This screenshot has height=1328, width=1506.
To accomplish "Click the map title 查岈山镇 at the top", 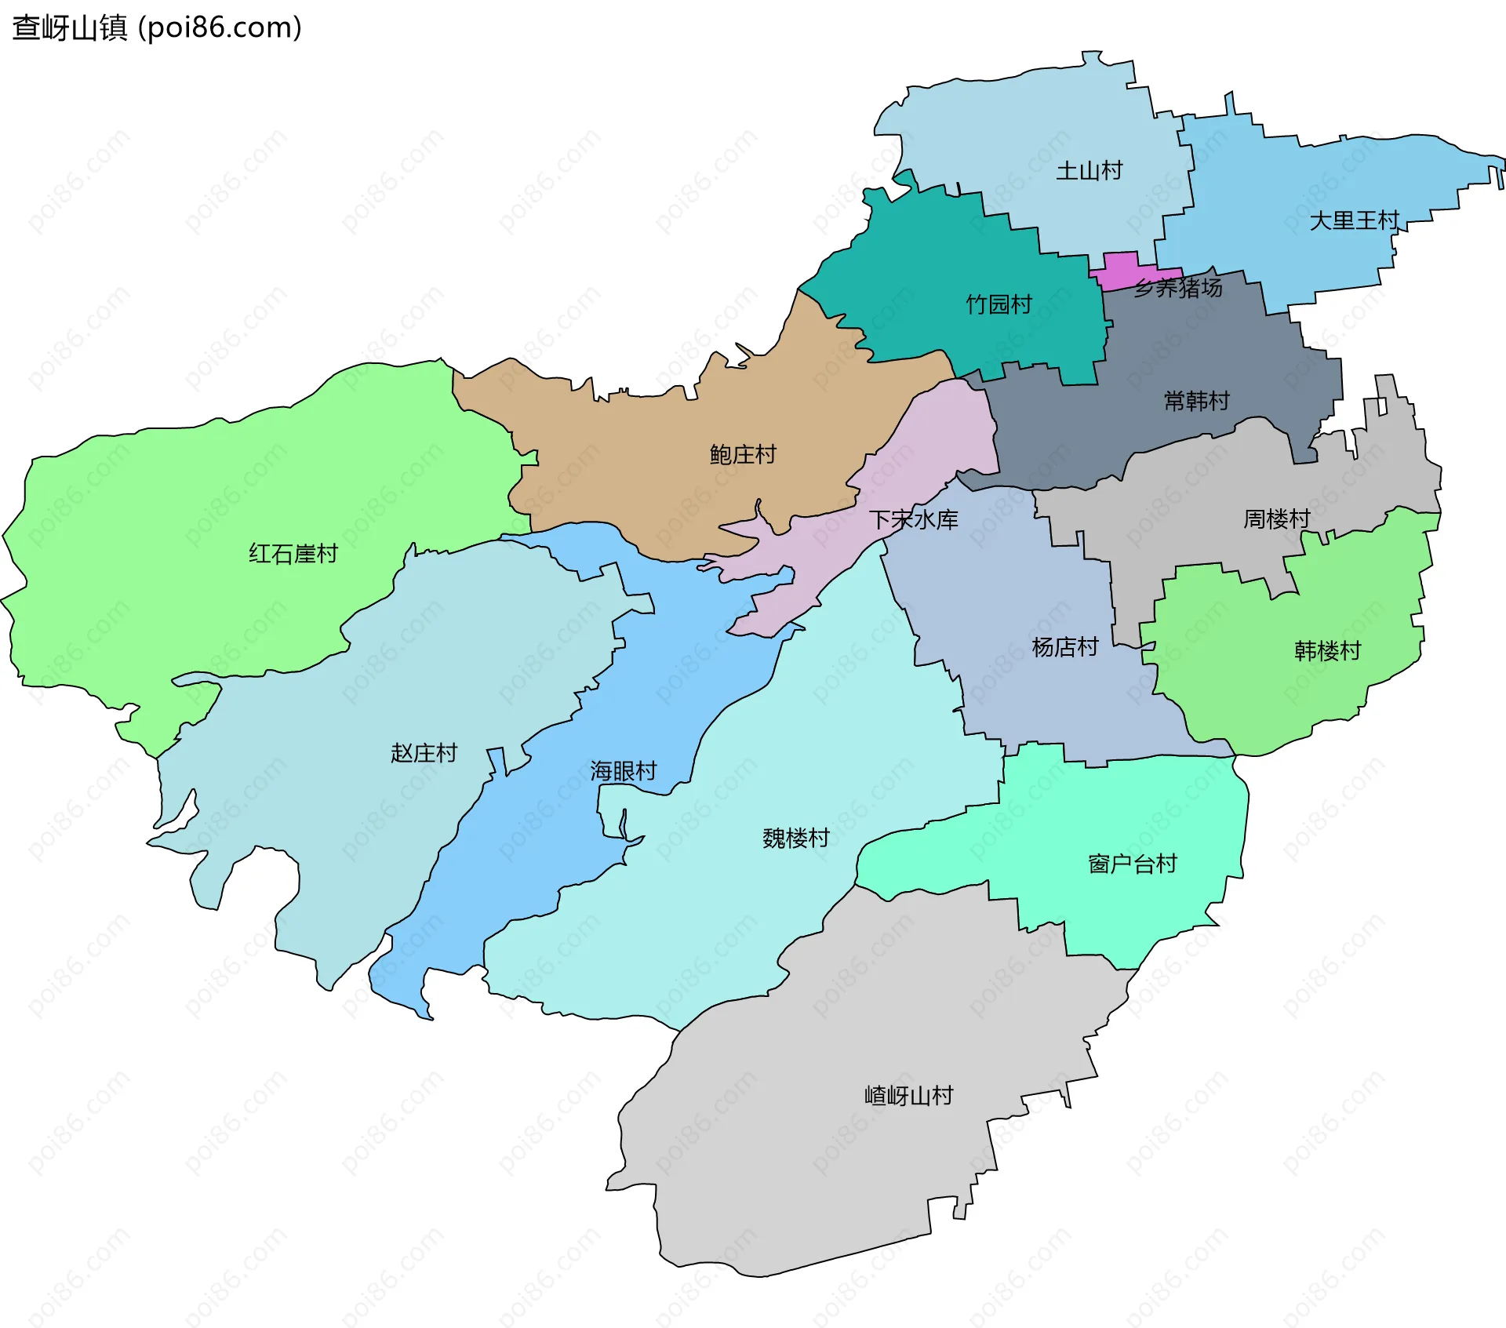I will click(69, 28).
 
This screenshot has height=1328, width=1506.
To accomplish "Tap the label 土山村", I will click(1089, 171).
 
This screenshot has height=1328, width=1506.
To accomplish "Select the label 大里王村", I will click(1354, 220).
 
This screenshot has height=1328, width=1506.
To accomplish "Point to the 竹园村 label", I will click(999, 304).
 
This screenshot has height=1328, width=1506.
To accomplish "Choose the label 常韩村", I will click(1196, 402).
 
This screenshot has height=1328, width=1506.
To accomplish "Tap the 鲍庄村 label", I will click(742, 454).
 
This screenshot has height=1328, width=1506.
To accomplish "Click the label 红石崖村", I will click(293, 554).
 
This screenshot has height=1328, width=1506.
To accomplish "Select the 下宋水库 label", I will click(913, 519).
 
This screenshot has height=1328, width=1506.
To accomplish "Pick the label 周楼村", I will click(1276, 518).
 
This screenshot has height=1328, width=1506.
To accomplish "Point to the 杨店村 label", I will click(1064, 647).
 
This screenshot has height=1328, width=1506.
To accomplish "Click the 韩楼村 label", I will click(1327, 651).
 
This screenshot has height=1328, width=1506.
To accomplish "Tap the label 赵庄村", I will click(424, 753).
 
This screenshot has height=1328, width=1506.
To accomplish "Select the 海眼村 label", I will click(623, 771).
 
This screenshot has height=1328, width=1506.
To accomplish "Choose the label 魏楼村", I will click(795, 838).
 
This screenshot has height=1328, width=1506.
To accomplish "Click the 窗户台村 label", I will click(1132, 864).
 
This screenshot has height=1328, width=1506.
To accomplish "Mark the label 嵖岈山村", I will click(908, 1095).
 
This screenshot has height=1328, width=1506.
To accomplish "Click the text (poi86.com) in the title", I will click(220, 28).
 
